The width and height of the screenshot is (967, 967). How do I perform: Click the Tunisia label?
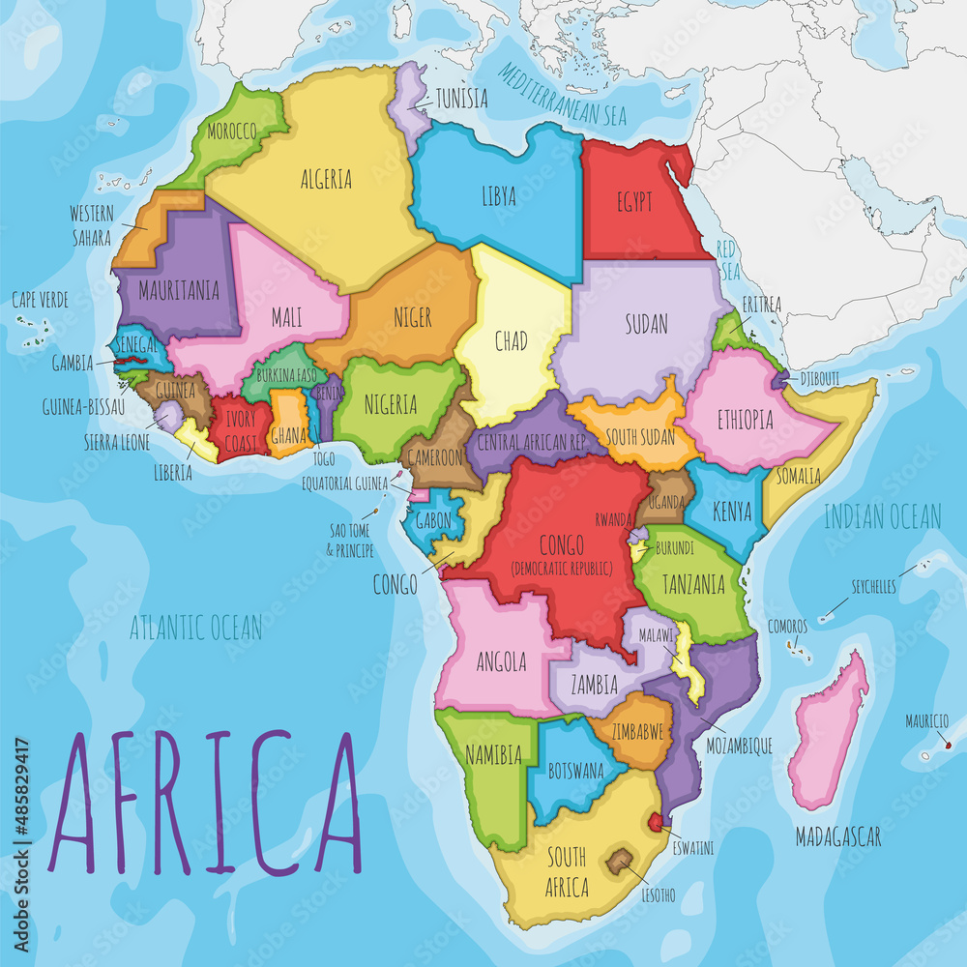(461, 99)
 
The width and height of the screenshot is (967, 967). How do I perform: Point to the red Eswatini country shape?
(659, 822)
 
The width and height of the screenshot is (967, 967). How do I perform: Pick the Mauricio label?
(926, 720)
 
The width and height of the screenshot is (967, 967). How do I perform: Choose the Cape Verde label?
(40, 300)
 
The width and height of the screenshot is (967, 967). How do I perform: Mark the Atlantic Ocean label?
(196, 628)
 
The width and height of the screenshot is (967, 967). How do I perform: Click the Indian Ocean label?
(882, 516)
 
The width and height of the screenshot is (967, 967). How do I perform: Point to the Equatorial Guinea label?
(343, 483)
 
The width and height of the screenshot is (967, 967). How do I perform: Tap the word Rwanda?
(614, 517)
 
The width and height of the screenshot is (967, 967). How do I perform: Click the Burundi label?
(675, 547)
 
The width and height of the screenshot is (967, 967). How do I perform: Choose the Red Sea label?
(726, 257)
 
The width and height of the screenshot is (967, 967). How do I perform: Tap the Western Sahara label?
(92, 224)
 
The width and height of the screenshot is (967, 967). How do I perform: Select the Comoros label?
(787, 627)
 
